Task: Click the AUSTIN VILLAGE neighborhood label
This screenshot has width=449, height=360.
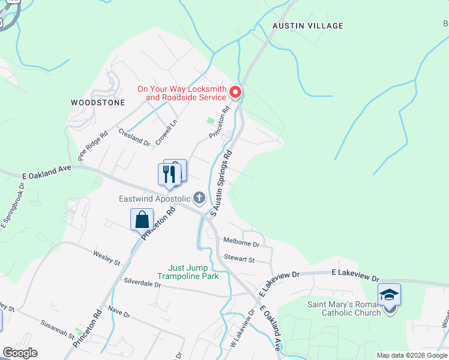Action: (x=308, y=26)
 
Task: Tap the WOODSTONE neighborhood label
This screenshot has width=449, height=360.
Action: (x=98, y=103)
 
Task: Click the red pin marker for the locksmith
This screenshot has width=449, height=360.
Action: (x=235, y=92)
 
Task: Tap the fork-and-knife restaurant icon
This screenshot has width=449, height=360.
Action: (x=169, y=174)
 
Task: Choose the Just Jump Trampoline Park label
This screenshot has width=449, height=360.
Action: (x=188, y=272)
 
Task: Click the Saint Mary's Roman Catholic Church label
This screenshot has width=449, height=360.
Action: (x=344, y=308)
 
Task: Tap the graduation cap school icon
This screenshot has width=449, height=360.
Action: (x=389, y=295)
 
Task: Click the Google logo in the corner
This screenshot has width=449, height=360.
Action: (x=20, y=353)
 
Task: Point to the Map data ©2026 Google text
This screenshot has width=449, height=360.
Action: (x=411, y=355)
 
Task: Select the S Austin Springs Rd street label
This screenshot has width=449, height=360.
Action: (x=221, y=184)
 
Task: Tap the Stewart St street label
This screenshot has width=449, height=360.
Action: (x=239, y=259)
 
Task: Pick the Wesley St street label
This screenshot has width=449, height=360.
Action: (x=107, y=259)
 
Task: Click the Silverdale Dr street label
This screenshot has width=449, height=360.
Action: (x=142, y=283)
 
